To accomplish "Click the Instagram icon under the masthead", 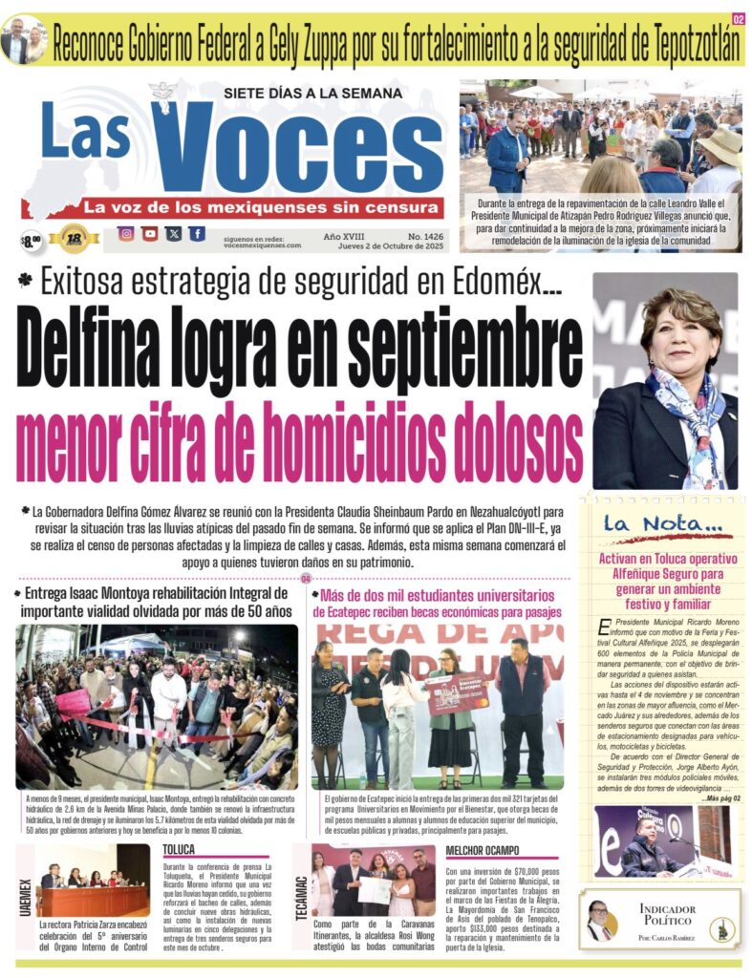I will pos(125,234).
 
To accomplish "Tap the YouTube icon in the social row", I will pos(149,234).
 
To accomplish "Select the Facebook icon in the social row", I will pos(196,234).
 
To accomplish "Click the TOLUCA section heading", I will pos(179,849).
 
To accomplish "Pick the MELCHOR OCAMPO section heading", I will pos(483,850).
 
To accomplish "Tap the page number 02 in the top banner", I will pos(739,19).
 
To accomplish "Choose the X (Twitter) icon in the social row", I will pos(173,234).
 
